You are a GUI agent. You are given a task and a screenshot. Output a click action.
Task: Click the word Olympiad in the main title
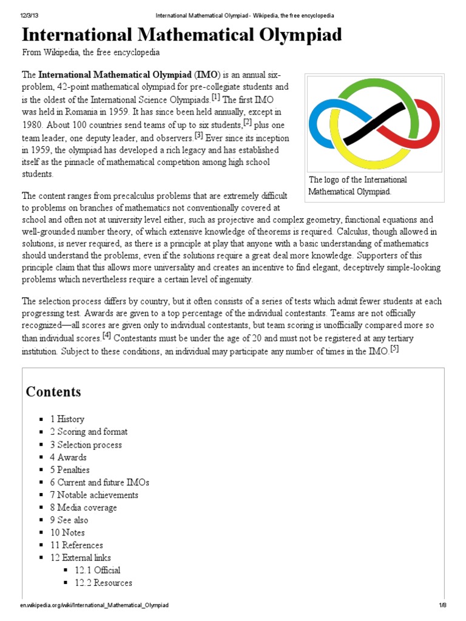click(x=291, y=35)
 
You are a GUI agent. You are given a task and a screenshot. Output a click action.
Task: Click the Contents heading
click(x=53, y=391)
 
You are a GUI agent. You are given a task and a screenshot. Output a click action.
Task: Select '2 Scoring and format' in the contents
click(x=89, y=432)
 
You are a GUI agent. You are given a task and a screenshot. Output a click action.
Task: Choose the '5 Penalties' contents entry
click(x=70, y=470)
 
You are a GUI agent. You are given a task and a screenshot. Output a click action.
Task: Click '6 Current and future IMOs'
click(x=100, y=483)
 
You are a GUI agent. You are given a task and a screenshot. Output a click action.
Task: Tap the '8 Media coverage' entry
click(x=83, y=508)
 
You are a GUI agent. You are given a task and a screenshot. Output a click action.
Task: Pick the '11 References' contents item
click(x=76, y=545)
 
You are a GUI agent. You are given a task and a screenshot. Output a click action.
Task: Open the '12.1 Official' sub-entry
click(x=97, y=570)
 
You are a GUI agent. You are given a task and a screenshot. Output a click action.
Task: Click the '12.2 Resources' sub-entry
click(x=103, y=583)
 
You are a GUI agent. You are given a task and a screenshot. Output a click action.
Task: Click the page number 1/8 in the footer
click(x=442, y=606)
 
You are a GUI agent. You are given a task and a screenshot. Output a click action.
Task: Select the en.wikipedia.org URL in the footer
click(x=94, y=606)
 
